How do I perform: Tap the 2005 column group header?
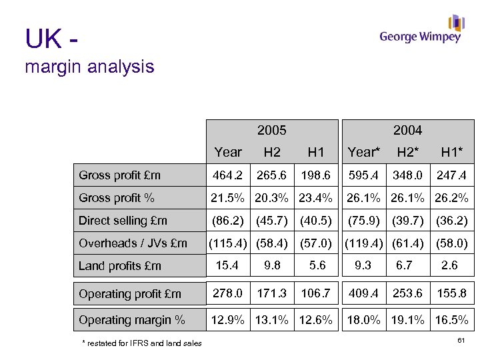coord(271,130)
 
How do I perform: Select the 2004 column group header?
coord(407,130)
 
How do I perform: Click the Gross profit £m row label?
coord(120,175)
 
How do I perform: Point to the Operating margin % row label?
coord(132,320)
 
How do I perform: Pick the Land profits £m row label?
coord(120,265)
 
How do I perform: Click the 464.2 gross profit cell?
coord(228,175)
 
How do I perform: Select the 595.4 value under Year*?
coord(363,175)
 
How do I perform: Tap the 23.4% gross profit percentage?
coord(315,198)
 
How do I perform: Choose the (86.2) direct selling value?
coord(228,221)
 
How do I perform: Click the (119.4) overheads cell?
coord(363,243)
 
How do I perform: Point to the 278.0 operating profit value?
coord(228,293)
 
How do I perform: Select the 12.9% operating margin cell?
coord(228,320)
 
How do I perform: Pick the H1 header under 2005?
coord(315,152)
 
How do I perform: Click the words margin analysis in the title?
coord(90,67)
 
